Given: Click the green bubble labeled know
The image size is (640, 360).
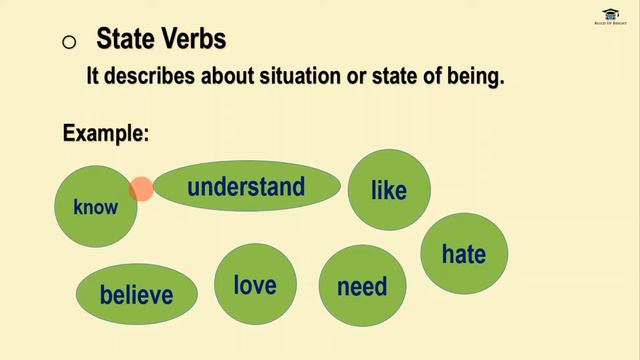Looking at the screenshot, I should click(x=95, y=207).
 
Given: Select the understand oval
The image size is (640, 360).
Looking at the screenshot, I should click(x=246, y=186).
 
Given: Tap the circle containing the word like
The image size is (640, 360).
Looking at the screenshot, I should click(x=389, y=189).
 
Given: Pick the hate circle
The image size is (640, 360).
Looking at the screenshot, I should click(x=464, y=254).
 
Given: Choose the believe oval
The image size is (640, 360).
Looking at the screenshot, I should click(x=136, y=295).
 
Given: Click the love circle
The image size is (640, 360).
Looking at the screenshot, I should click(x=255, y=285).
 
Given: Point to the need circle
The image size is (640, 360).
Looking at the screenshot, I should click(x=362, y=286).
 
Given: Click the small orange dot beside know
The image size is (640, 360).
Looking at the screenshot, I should click(x=141, y=188).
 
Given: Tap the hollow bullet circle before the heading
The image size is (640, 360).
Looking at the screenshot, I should click(x=69, y=42).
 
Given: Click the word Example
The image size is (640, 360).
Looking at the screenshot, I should click(x=105, y=133).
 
